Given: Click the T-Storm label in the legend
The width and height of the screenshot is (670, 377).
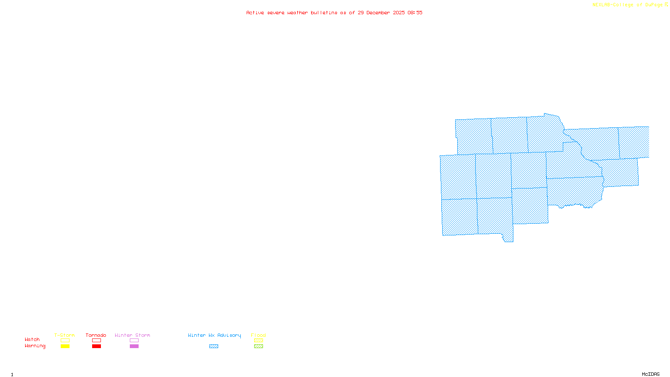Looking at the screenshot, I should [x=64, y=335].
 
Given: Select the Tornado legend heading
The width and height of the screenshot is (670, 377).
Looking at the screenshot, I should [x=96, y=335].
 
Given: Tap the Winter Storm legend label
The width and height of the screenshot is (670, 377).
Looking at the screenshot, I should [x=132, y=335].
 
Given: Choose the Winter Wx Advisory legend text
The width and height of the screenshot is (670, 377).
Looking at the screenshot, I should [x=214, y=335].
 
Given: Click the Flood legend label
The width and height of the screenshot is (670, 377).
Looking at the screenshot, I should [x=258, y=335].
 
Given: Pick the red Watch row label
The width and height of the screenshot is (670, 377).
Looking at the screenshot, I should [x=32, y=339].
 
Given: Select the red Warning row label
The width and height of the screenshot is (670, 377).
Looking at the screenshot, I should [x=35, y=346].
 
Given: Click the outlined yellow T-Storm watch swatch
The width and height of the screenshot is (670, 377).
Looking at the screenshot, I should [x=65, y=341].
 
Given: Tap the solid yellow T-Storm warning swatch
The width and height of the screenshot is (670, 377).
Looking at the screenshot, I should [x=65, y=346].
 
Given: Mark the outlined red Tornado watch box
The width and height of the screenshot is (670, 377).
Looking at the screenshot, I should [x=96, y=341].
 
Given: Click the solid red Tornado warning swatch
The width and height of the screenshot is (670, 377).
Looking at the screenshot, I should [x=96, y=346].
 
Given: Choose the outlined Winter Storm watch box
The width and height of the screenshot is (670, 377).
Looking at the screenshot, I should [x=134, y=341].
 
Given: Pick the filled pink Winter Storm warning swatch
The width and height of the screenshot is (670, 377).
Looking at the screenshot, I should [x=134, y=346].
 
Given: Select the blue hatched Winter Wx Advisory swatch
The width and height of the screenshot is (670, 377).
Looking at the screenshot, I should [x=214, y=346].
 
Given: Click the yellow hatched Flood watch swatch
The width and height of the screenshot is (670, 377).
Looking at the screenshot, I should [x=258, y=341].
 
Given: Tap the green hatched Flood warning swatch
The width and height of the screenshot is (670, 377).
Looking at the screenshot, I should [x=258, y=346].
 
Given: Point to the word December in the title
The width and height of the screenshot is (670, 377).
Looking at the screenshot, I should [x=378, y=13].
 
